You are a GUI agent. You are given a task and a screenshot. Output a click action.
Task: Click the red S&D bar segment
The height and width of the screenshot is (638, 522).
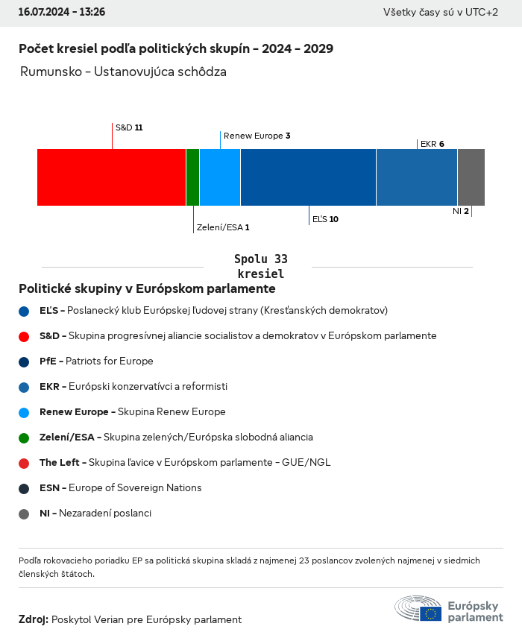pos(111,177)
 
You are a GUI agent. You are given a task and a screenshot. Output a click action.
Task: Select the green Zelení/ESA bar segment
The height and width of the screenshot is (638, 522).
pos(192,177)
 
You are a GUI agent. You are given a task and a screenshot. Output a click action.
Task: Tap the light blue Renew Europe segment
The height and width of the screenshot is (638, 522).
pos(220,177)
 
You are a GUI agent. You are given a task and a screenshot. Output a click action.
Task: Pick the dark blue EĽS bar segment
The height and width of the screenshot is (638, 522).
pos(308,177)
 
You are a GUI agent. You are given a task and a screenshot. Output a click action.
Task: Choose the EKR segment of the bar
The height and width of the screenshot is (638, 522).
pos(417,177)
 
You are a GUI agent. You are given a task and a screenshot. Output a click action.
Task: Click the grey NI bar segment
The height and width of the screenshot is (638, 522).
pos(471,177)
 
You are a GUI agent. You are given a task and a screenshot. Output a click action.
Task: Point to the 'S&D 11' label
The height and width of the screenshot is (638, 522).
pos(129,127)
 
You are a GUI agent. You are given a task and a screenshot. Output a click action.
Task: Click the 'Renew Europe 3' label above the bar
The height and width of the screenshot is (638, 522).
pos(257,136)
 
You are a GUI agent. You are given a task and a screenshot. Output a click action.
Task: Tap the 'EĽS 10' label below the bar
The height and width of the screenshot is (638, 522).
pos(325,219)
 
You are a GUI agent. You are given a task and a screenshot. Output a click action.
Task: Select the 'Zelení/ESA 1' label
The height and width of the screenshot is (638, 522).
pos(223,227)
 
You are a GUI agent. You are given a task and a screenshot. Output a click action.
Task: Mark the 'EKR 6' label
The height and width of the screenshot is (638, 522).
pos(433,144)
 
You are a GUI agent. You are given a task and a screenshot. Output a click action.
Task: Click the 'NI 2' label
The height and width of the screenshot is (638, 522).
pos(460,212)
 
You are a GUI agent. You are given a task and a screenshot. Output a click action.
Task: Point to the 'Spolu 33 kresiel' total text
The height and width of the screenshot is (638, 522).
pos(260,266)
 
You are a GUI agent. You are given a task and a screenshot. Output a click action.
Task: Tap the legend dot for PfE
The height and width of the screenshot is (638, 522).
pos(24,361)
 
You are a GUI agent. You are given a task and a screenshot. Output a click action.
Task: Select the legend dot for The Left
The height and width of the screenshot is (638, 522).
pos(24,463)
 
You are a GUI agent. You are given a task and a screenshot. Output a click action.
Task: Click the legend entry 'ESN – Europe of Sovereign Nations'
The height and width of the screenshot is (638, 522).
pos(120,488)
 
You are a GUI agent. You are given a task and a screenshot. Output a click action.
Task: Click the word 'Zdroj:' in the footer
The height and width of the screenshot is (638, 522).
pos(34,619)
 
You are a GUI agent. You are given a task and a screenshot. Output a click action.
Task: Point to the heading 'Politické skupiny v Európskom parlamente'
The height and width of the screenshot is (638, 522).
pos(147,288)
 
